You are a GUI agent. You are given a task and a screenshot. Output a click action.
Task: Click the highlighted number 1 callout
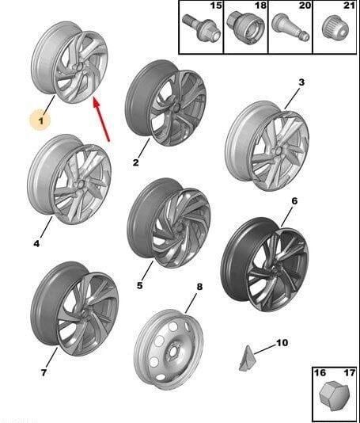(x=40, y=120)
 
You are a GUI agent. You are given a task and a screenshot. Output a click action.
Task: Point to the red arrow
(x=101, y=119)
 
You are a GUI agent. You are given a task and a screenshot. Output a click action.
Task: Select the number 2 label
(x=136, y=162)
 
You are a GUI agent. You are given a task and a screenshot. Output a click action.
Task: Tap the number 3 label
(x=301, y=82)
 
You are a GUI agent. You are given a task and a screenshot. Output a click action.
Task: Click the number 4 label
(x=36, y=244)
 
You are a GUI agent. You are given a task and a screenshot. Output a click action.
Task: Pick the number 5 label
(x=139, y=285)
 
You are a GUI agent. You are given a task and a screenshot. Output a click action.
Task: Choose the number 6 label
(x=294, y=201)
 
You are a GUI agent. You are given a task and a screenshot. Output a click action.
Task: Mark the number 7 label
(x=44, y=372)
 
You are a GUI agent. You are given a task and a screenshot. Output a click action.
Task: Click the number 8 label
(x=199, y=287)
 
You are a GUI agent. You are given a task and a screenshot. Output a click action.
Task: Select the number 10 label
(x=282, y=343)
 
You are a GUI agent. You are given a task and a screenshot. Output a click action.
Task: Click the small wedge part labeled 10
(x=246, y=357)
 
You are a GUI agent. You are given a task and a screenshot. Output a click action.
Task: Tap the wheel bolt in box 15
(x=201, y=29)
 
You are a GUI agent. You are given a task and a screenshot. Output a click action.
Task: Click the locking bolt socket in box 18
(x=244, y=29)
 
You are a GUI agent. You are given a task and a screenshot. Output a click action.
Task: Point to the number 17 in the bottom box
(x=350, y=373)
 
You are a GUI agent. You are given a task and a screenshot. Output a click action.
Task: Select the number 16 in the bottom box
(x=320, y=373)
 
